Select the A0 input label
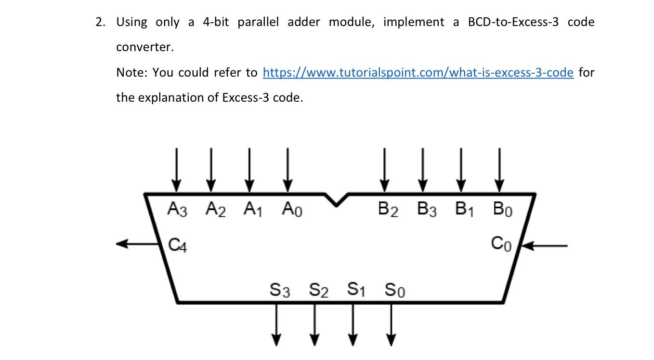point(292,210)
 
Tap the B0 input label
point(502,210)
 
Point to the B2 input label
point(388,210)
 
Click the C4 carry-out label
point(178,245)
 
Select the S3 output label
point(280,290)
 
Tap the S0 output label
point(395,290)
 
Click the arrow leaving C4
point(138,244)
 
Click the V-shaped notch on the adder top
point(336,199)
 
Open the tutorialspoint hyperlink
point(418,72)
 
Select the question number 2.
point(100,22)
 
